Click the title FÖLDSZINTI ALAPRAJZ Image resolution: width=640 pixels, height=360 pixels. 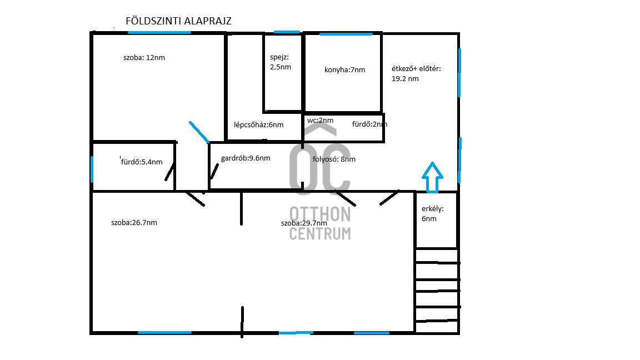coord(178,21)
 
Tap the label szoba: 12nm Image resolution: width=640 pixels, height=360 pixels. coord(144,58)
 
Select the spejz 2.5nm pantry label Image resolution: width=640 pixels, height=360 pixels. coord(281,62)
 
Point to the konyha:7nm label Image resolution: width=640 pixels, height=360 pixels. coord(345,70)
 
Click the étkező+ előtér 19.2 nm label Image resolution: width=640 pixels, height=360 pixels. coord(416,73)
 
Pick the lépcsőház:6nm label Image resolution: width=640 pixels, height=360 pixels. coord(259,125)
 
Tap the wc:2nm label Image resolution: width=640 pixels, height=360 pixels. coord(321,121)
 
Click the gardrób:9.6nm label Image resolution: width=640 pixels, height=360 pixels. coord(246,158)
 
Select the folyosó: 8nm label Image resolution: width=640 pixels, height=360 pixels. coord(334,159)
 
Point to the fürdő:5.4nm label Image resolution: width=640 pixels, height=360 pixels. coord(142,162)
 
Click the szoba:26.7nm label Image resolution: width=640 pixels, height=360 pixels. coord(134,222)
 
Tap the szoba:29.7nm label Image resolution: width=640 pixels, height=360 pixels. coord(304,223)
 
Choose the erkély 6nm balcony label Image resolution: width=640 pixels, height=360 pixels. coord(433,213)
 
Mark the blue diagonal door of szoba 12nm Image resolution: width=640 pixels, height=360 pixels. coord(199,132)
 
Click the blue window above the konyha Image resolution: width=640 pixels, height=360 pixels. coord(346,34)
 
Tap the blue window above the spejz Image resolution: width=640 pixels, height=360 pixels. coord(287,32)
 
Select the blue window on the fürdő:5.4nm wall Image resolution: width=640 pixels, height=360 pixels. coord(92,169)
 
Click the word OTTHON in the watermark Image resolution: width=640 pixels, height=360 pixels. coord(320,214)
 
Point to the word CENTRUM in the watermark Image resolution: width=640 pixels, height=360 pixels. coord(320,233)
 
